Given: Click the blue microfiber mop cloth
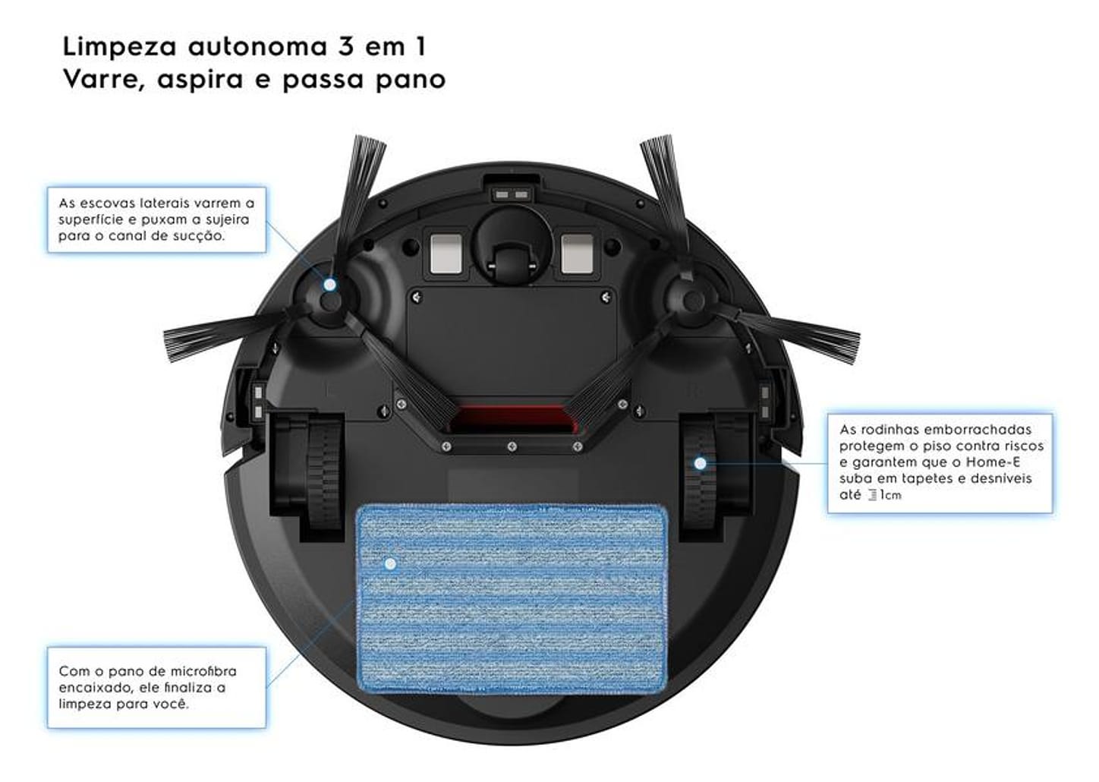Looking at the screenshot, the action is pos(512,599).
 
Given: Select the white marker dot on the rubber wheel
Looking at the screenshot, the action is pos(701,463).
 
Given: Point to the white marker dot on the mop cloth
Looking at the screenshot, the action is pos(390,563).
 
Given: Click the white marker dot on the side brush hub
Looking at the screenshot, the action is pos(330,284).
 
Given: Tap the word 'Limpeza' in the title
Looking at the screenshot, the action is pos(120,46).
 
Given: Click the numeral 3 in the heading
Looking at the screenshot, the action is pos(346,46).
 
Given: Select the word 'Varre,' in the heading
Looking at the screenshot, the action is pos(105,80).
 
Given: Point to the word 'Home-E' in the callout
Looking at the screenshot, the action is pos(993,462).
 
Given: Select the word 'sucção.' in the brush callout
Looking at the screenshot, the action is pos(198,236).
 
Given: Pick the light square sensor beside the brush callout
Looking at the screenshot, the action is pos(446,254).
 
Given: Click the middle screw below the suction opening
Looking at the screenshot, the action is pos(512,446).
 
